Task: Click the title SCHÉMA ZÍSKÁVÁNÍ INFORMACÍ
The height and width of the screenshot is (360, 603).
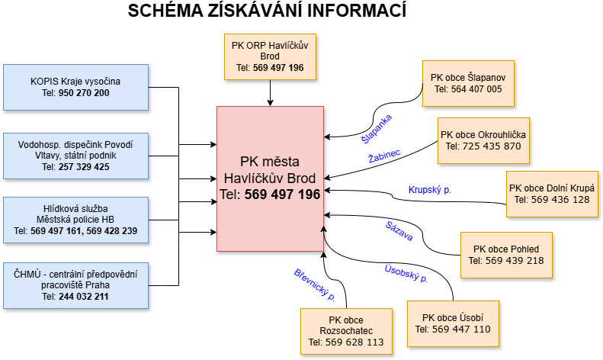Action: coord(267,11)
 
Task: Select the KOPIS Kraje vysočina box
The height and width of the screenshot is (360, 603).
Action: coord(75,87)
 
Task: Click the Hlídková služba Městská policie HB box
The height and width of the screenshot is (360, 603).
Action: coord(75,220)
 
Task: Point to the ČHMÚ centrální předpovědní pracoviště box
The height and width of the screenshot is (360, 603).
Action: coord(75,285)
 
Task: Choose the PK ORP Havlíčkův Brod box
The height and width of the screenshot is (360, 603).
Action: coord(270,56)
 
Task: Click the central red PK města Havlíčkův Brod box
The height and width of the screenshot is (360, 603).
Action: coord(270,178)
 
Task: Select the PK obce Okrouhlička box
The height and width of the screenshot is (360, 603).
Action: coord(483,140)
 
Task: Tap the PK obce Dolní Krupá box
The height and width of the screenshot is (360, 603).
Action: coord(552,194)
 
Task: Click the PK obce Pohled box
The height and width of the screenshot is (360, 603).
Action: coord(505,255)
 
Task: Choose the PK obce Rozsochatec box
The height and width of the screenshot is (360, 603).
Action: coord(346,331)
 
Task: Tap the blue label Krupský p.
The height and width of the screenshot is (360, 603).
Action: coord(431,189)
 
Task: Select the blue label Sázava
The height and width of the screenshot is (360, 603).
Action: coord(399,232)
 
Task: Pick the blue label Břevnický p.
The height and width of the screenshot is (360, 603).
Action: coord(315,284)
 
